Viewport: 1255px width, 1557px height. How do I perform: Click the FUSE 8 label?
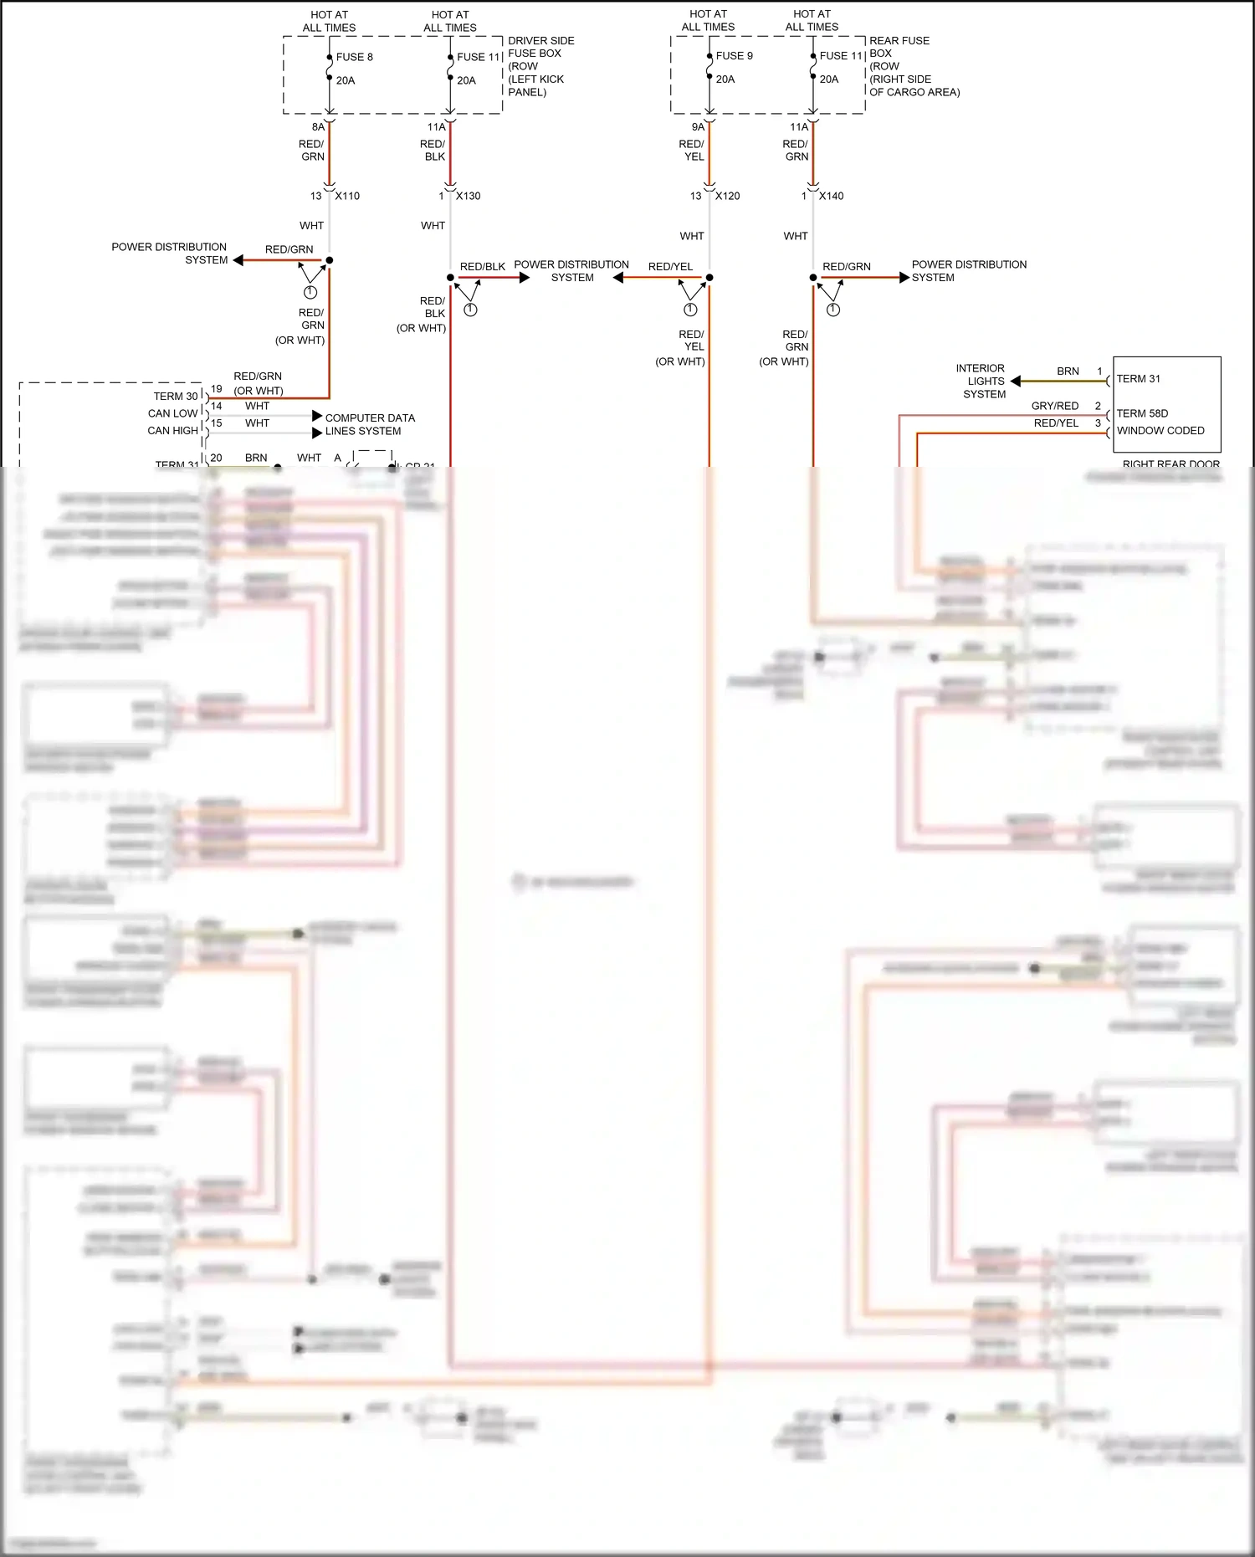(354, 57)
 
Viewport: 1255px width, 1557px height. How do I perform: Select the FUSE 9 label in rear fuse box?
(734, 56)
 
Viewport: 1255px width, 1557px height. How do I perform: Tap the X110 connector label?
(347, 196)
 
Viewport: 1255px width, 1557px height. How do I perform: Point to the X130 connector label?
(468, 196)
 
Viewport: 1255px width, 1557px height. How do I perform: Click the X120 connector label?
(727, 196)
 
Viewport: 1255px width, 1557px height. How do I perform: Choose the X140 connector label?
(831, 196)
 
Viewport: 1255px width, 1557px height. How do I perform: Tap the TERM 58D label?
(1142, 413)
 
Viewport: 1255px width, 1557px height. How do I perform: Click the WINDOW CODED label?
(1160, 431)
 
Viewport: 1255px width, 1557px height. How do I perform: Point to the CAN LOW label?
(172, 413)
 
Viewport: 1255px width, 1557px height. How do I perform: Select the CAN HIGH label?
(172, 431)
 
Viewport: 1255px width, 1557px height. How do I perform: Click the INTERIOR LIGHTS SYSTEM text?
(981, 381)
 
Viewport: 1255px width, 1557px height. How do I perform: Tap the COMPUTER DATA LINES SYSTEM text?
(369, 424)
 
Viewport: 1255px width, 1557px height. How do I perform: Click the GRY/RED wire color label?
(1054, 406)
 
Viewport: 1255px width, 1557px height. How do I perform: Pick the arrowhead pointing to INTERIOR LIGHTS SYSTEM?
(1016, 382)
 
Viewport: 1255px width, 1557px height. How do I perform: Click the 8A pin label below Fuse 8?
(318, 127)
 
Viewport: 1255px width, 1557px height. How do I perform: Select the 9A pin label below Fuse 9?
(698, 127)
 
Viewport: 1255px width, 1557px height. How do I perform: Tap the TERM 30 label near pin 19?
(176, 397)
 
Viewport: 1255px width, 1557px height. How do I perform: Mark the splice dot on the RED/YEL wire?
(709, 278)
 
